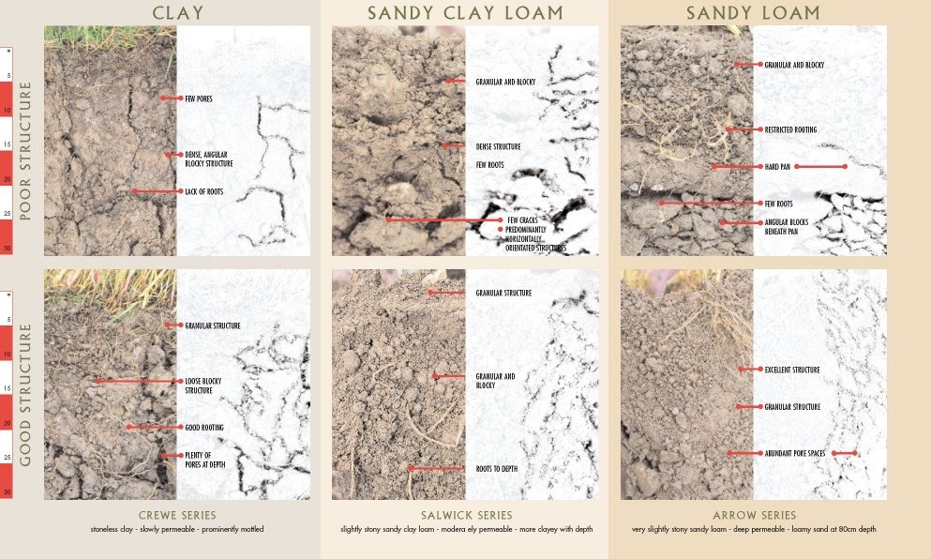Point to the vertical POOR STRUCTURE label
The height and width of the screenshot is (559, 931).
25,150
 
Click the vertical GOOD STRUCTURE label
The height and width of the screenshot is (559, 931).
25,394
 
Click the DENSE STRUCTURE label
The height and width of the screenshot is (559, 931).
498,146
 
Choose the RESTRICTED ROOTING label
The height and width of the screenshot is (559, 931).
790,129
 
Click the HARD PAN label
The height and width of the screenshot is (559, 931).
777,167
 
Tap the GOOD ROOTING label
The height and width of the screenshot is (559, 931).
203,427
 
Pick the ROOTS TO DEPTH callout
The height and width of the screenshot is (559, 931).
498,468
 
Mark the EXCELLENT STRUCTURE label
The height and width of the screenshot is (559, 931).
792,370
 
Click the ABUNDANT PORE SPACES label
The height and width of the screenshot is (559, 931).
795,453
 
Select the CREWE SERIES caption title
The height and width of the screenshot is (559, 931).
177,515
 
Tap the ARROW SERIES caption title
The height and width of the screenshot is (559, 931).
754,515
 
